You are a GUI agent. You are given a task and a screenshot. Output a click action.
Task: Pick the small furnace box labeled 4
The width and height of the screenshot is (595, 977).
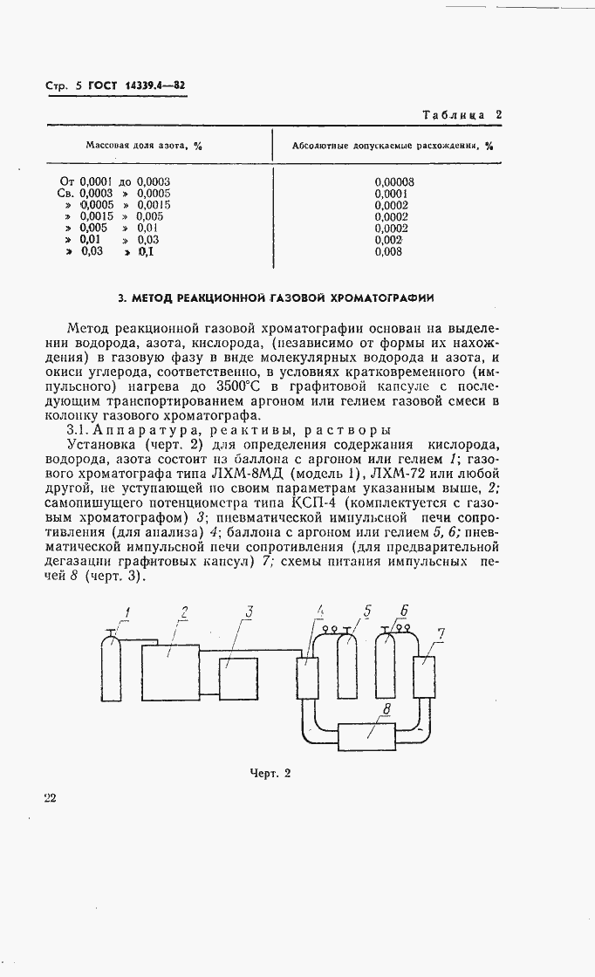306,677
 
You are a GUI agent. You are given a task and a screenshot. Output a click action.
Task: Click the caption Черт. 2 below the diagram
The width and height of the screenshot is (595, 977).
269,772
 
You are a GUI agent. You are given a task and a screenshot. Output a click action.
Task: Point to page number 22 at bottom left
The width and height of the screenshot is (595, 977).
50,797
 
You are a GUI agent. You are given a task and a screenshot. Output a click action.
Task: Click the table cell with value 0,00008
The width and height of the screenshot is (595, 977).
393,182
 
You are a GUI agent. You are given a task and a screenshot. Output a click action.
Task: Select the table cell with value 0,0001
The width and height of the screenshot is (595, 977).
392,194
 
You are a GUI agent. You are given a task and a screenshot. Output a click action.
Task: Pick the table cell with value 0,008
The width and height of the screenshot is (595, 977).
389,251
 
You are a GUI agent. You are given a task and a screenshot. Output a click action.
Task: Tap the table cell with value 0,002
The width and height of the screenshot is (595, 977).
389,240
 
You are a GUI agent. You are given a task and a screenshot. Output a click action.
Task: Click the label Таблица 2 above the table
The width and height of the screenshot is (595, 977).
462,114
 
